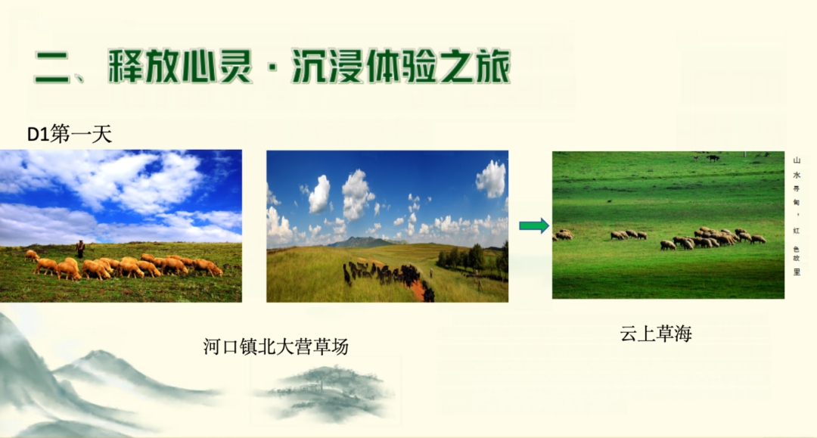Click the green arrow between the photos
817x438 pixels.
tap(533, 225)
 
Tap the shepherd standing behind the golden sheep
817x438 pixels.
tap(79, 249)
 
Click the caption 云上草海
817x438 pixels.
tap(656, 334)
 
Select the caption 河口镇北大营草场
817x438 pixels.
tap(276, 346)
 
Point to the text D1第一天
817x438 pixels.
tap(70, 135)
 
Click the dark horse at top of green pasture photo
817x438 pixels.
tap(713, 158)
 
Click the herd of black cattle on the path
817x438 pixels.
tap(386, 273)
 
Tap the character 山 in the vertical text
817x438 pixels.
tap(797, 160)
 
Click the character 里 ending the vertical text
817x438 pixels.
tap(797, 272)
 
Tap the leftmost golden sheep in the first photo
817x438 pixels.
tap(32, 255)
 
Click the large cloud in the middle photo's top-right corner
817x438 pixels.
tap(491, 179)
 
